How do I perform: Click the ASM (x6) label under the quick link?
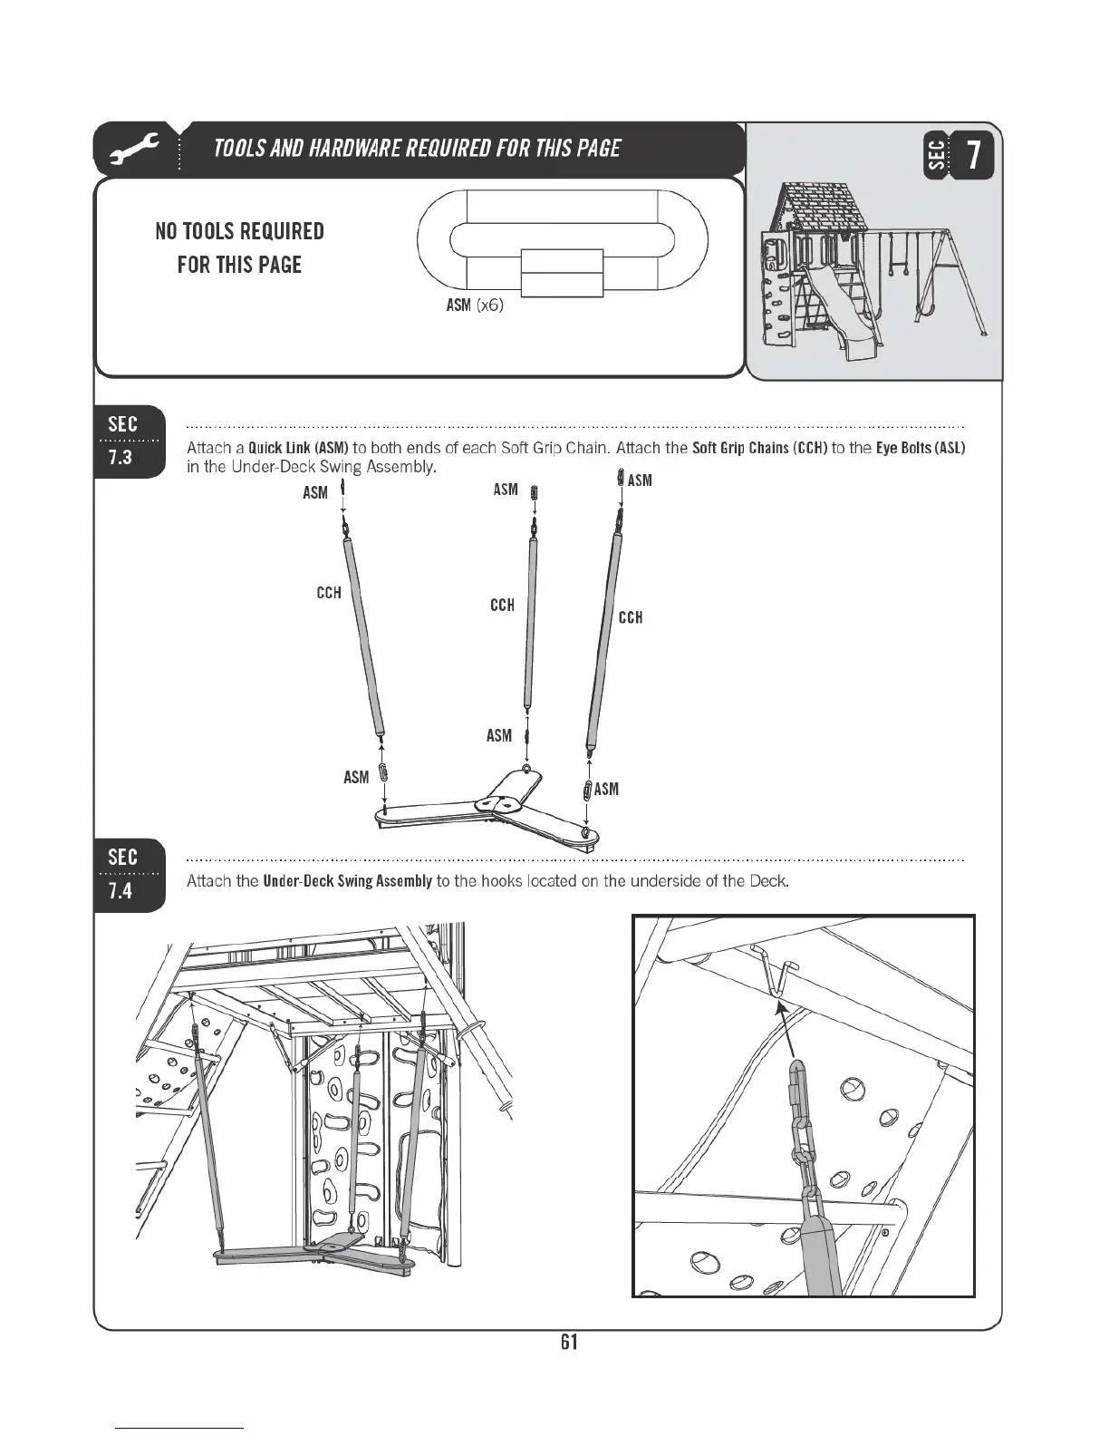click(474, 306)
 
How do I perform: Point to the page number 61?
click(569, 1342)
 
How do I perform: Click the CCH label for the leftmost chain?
click(329, 593)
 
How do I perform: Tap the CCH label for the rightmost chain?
click(631, 617)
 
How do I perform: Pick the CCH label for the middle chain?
click(502, 605)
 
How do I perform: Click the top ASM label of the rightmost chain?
click(640, 480)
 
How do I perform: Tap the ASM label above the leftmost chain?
click(315, 492)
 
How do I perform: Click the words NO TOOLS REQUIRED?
click(239, 231)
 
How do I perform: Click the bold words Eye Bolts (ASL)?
click(921, 448)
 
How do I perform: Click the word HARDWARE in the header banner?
click(355, 149)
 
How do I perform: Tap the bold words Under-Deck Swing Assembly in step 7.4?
click(347, 881)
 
